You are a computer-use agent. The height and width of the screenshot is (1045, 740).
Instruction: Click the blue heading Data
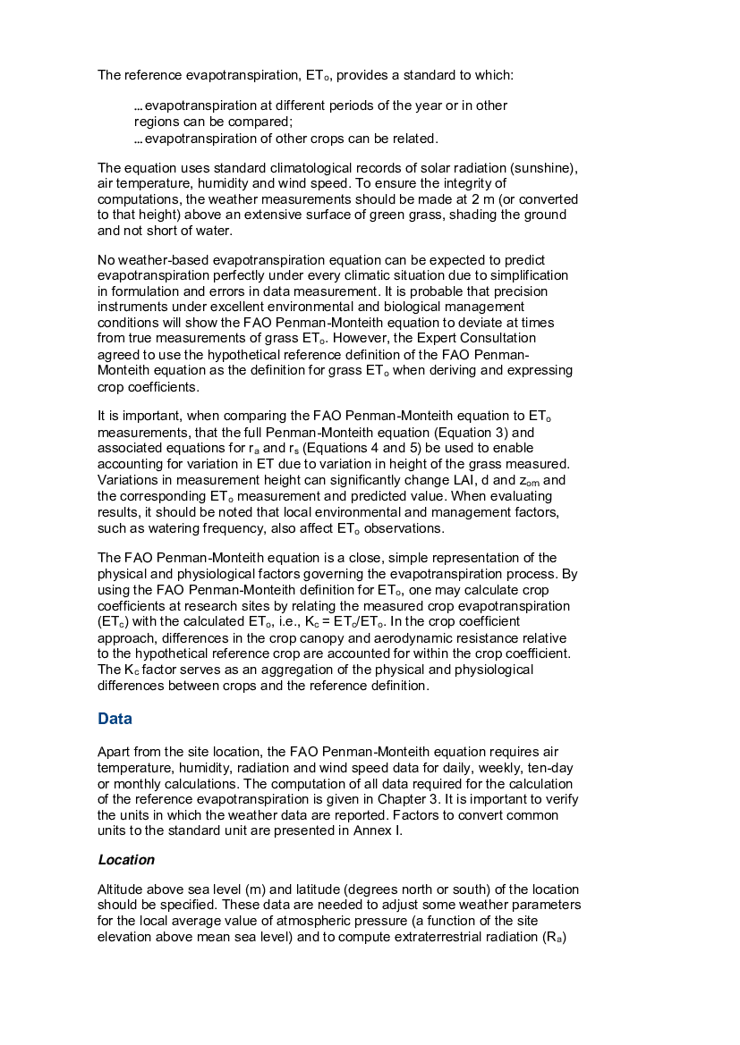click(x=114, y=719)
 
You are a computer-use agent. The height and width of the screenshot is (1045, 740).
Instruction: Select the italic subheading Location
click(x=126, y=860)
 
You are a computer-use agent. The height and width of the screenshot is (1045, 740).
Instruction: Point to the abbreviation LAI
click(x=455, y=478)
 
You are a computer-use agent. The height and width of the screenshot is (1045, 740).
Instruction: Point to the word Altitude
click(x=121, y=890)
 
